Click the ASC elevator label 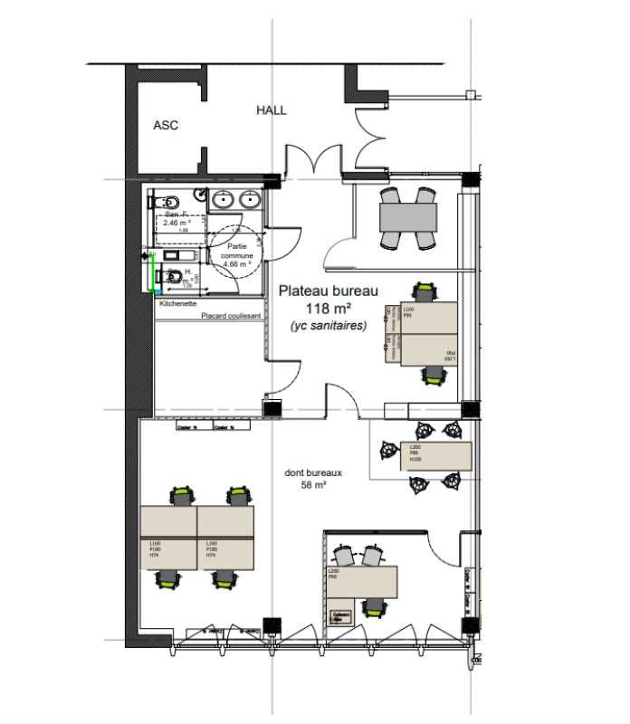pyautogui.click(x=166, y=126)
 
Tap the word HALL pyautogui.click(x=271, y=110)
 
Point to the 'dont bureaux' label pyautogui.click(x=312, y=472)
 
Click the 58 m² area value pyautogui.click(x=312, y=485)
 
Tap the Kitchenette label pyautogui.click(x=178, y=305)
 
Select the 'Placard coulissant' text pyautogui.click(x=231, y=316)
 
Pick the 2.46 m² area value pyautogui.click(x=177, y=222)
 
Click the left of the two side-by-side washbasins pyautogui.click(x=223, y=200)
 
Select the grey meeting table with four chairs pyautogui.click(x=408, y=217)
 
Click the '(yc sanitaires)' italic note pyautogui.click(x=329, y=326)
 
